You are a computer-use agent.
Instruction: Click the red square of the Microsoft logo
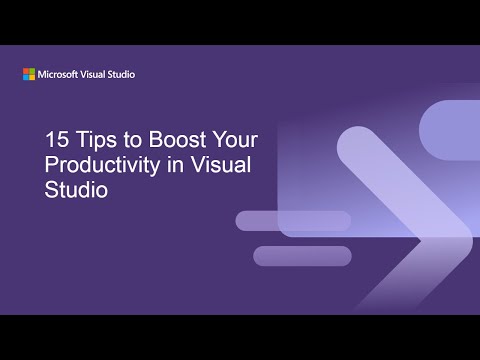26,71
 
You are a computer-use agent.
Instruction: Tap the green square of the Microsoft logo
31,71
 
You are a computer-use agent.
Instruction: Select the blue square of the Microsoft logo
26,77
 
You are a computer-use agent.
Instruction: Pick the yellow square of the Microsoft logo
31,77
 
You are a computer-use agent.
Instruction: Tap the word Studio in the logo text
121,74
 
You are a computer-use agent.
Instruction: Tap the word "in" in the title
174,165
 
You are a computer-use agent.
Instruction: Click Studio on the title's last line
77,188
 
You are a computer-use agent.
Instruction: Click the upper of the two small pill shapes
293,221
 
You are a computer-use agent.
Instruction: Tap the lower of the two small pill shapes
302,256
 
